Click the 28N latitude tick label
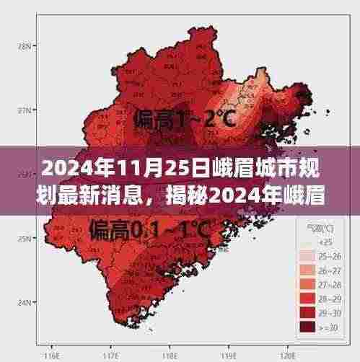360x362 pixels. (x=23, y=45)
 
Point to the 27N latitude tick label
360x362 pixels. (x=23, y=110)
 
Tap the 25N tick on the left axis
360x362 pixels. (x=23, y=239)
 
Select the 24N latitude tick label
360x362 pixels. (x=23, y=302)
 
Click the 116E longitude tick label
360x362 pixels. (x=51, y=356)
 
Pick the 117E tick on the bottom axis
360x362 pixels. (x=111, y=356)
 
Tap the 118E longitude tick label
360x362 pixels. (x=170, y=356)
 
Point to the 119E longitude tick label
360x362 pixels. (x=229, y=356)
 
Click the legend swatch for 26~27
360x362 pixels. (x=305, y=270)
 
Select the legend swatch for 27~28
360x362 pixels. (x=305, y=284)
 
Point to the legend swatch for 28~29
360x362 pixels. (x=305, y=299)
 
